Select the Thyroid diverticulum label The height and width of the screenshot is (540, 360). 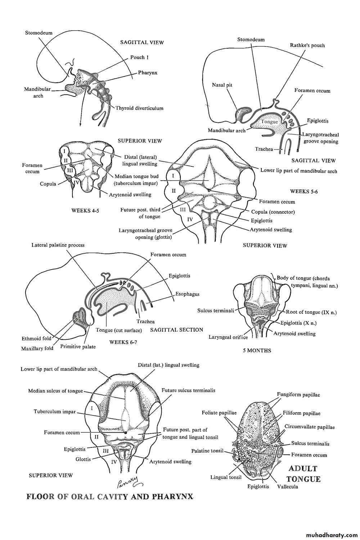[x=139, y=108]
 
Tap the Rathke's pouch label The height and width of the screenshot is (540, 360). [x=307, y=45]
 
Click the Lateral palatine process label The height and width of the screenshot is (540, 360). [x=58, y=245]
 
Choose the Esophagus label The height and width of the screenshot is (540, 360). [x=187, y=294]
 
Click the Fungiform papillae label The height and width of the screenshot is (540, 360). [x=298, y=395]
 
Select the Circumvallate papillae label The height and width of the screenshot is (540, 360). [x=310, y=427]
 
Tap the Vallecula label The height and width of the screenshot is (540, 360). [x=288, y=487]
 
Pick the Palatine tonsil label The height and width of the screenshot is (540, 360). [x=207, y=451]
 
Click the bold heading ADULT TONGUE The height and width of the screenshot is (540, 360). [x=303, y=474]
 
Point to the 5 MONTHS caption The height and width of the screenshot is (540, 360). [x=257, y=350]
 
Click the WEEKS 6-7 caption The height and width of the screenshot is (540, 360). [x=123, y=342]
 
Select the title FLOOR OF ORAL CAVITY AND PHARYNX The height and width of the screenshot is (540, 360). [x=110, y=497]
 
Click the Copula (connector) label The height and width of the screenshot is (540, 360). [x=273, y=212]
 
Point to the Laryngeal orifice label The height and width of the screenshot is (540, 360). [x=228, y=337]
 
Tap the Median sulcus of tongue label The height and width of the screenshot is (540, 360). [x=55, y=391]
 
